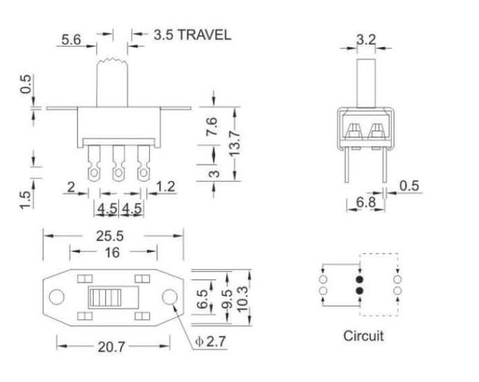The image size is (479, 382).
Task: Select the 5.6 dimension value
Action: [71, 40]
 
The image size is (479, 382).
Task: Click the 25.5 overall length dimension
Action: [110, 235]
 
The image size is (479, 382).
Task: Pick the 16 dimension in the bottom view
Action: [112, 253]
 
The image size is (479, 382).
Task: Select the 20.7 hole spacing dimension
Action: [111, 347]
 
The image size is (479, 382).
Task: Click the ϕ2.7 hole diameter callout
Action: [210, 342]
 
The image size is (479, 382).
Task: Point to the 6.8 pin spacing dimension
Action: [365, 203]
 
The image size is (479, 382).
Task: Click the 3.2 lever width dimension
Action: [366, 40]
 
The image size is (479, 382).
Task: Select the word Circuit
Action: [364, 335]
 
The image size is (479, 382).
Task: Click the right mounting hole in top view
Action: [169, 297]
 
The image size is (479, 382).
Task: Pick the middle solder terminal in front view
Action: [118, 164]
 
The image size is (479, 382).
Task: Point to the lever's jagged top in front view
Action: [112, 62]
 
